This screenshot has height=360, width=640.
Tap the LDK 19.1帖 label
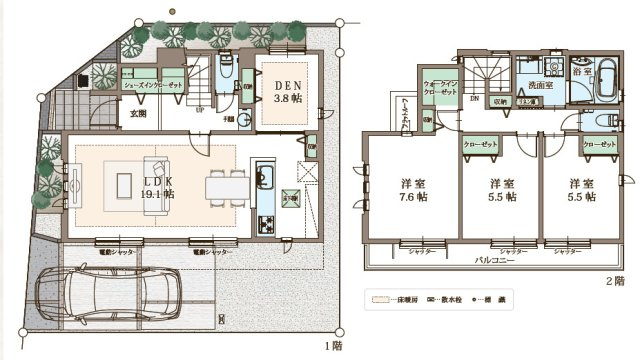(159, 187)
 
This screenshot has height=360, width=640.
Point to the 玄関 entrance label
(137, 114)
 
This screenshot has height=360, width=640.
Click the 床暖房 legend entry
(395, 299)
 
